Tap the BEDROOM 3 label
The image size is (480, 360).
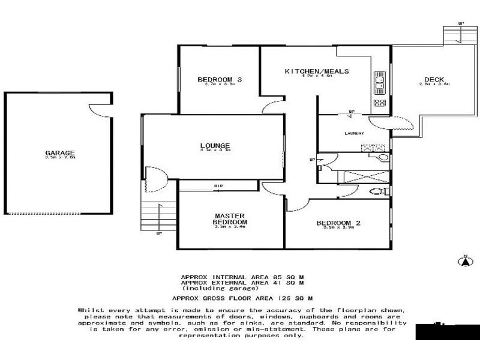pos(219,80)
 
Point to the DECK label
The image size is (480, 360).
pos(434,80)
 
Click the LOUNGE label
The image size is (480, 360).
pos(215,145)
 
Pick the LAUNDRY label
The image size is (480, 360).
pos(355,133)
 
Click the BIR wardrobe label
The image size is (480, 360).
pos(219,186)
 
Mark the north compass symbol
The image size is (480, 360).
pos(463,260)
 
